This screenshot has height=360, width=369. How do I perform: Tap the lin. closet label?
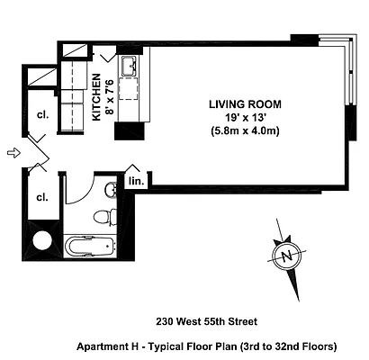[x=137, y=181]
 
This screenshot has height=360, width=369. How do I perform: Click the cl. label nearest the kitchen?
[x=41, y=114]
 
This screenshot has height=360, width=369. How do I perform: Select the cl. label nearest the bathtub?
[x=41, y=196]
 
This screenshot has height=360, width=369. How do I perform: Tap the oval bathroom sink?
[x=109, y=188]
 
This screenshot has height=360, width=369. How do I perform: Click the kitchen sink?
[x=129, y=66]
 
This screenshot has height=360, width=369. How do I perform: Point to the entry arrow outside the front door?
[x=11, y=153]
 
